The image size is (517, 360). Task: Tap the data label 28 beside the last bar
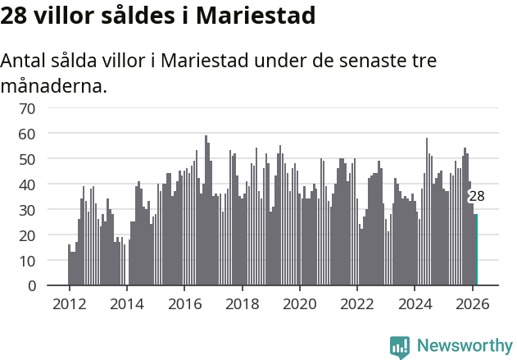(476, 196)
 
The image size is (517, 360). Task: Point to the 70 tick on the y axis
(27, 108)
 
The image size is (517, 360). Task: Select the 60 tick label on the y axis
(27, 134)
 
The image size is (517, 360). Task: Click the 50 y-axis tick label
(27, 159)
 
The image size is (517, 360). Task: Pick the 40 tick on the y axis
(27, 185)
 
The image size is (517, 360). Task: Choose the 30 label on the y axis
(27, 210)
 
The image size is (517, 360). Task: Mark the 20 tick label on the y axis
(27, 235)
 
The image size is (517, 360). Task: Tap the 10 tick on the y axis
(27, 261)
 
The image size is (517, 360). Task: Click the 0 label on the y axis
(31, 286)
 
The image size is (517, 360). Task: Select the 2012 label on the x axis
(69, 303)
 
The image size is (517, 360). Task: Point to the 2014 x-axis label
(126, 303)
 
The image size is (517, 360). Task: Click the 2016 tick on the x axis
(184, 303)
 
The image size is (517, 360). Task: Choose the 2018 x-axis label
(242, 303)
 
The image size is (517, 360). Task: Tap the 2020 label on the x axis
(299, 303)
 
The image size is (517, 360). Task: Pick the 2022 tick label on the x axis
(357, 303)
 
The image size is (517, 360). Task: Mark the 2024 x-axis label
(415, 303)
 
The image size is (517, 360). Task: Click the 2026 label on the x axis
(472, 303)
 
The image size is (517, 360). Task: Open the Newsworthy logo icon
(400, 346)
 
